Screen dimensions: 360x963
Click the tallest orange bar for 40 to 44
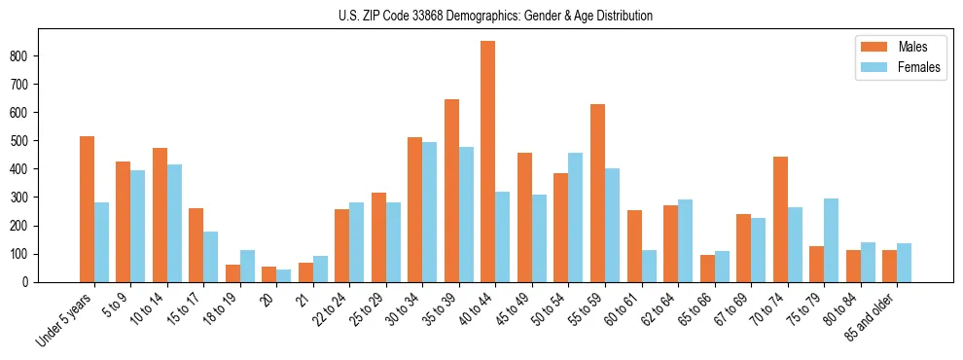point(488,162)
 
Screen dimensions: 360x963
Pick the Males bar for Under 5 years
point(88,209)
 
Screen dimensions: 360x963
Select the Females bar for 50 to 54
point(576,217)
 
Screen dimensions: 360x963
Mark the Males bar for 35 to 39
point(451,191)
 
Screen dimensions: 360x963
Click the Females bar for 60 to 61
point(649,266)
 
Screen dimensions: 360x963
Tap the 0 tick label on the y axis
point(31,282)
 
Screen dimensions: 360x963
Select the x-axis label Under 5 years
point(66,319)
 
